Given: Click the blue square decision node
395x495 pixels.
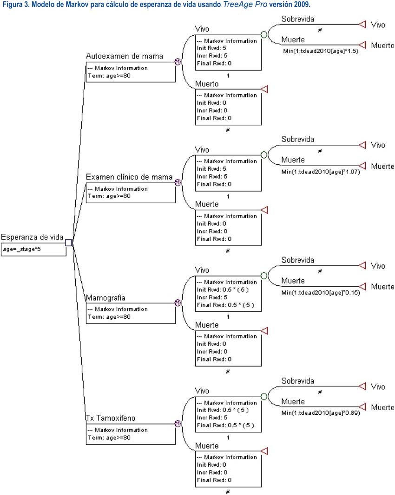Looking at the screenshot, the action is (x=68, y=243).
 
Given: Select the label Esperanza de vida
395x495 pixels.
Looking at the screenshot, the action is (x=32, y=237).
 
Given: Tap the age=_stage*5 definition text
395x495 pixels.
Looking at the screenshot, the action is (x=22, y=249).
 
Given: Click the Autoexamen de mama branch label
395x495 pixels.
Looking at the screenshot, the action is (x=125, y=56).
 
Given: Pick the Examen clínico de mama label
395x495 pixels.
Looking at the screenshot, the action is (x=129, y=177).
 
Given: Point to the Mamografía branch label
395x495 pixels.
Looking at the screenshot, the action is (x=105, y=298).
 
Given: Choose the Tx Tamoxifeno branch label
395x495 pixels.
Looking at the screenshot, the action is (x=111, y=418).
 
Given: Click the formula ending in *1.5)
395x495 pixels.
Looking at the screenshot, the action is (x=321, y=51).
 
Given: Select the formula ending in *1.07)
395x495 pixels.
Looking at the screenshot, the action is (x=321, y=172).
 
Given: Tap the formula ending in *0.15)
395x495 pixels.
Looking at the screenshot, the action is (x=321, y=293).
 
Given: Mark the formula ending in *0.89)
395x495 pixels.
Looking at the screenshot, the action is (x=321, y=413).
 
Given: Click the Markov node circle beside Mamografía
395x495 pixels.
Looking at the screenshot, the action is (x=178, y=303).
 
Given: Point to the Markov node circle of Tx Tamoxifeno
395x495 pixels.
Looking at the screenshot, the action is (x=178, y=424).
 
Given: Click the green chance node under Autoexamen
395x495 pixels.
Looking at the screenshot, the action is (x=264, y=34).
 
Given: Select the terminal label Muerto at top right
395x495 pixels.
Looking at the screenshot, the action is (x=382, y=46).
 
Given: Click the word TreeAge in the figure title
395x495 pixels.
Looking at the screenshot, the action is (x=237, y=5).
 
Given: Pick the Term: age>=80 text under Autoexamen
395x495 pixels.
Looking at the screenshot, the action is (x=109, y=76).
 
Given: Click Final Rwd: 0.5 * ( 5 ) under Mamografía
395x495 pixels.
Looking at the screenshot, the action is (x=225, y=305).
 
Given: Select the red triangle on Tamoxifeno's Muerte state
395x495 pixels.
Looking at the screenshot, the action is (x=265, y=451).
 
